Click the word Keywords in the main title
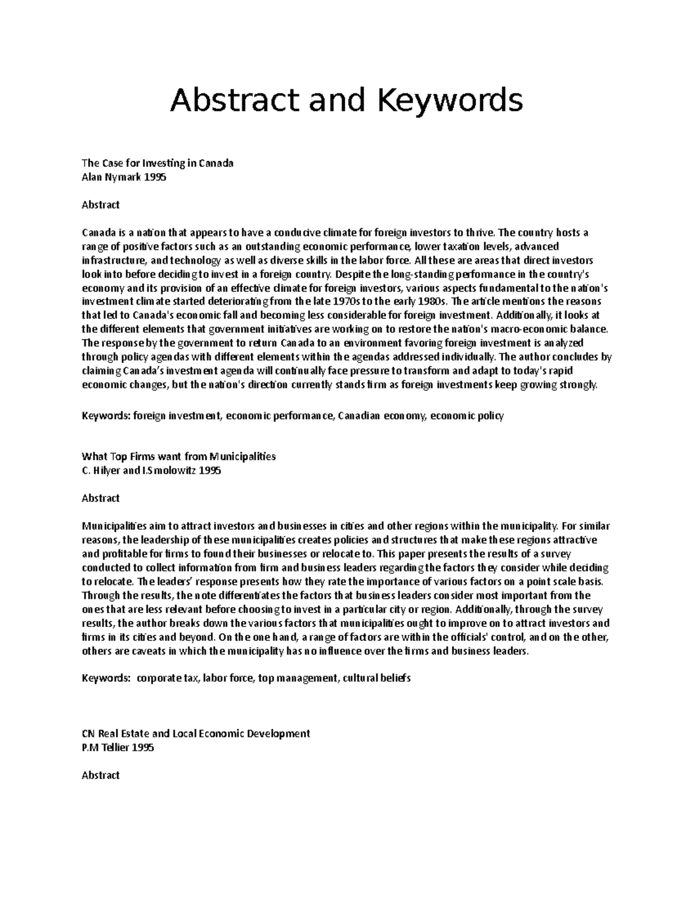(x=450, y=100)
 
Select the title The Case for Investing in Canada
(x=158, y=163)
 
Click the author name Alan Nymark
(x=112, y=177)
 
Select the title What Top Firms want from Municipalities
(x=179, y=456)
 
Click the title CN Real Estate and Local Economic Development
(x=196, y=733)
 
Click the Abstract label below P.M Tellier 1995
(x=101, y=775)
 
